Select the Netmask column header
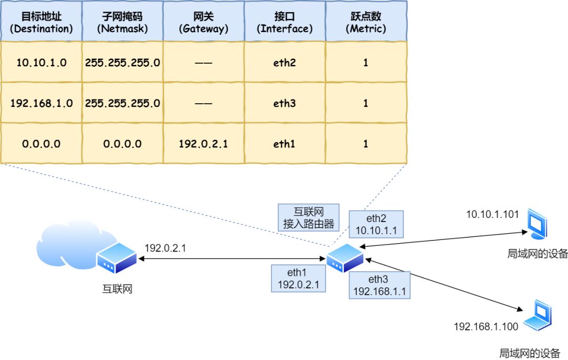[122, 22]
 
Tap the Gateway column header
[204, 22]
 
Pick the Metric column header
[366, 22]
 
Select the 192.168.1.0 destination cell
[41, 103]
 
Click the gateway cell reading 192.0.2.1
[204, 143]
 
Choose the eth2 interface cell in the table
[285, 63]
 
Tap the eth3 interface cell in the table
[285, 103]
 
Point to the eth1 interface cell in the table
[285, 143]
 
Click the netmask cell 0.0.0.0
[122, 143]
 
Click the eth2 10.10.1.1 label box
[377, 224]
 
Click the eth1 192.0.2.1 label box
[298, 278]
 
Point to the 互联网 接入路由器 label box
[308, 217]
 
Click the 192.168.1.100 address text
[486, 327]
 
